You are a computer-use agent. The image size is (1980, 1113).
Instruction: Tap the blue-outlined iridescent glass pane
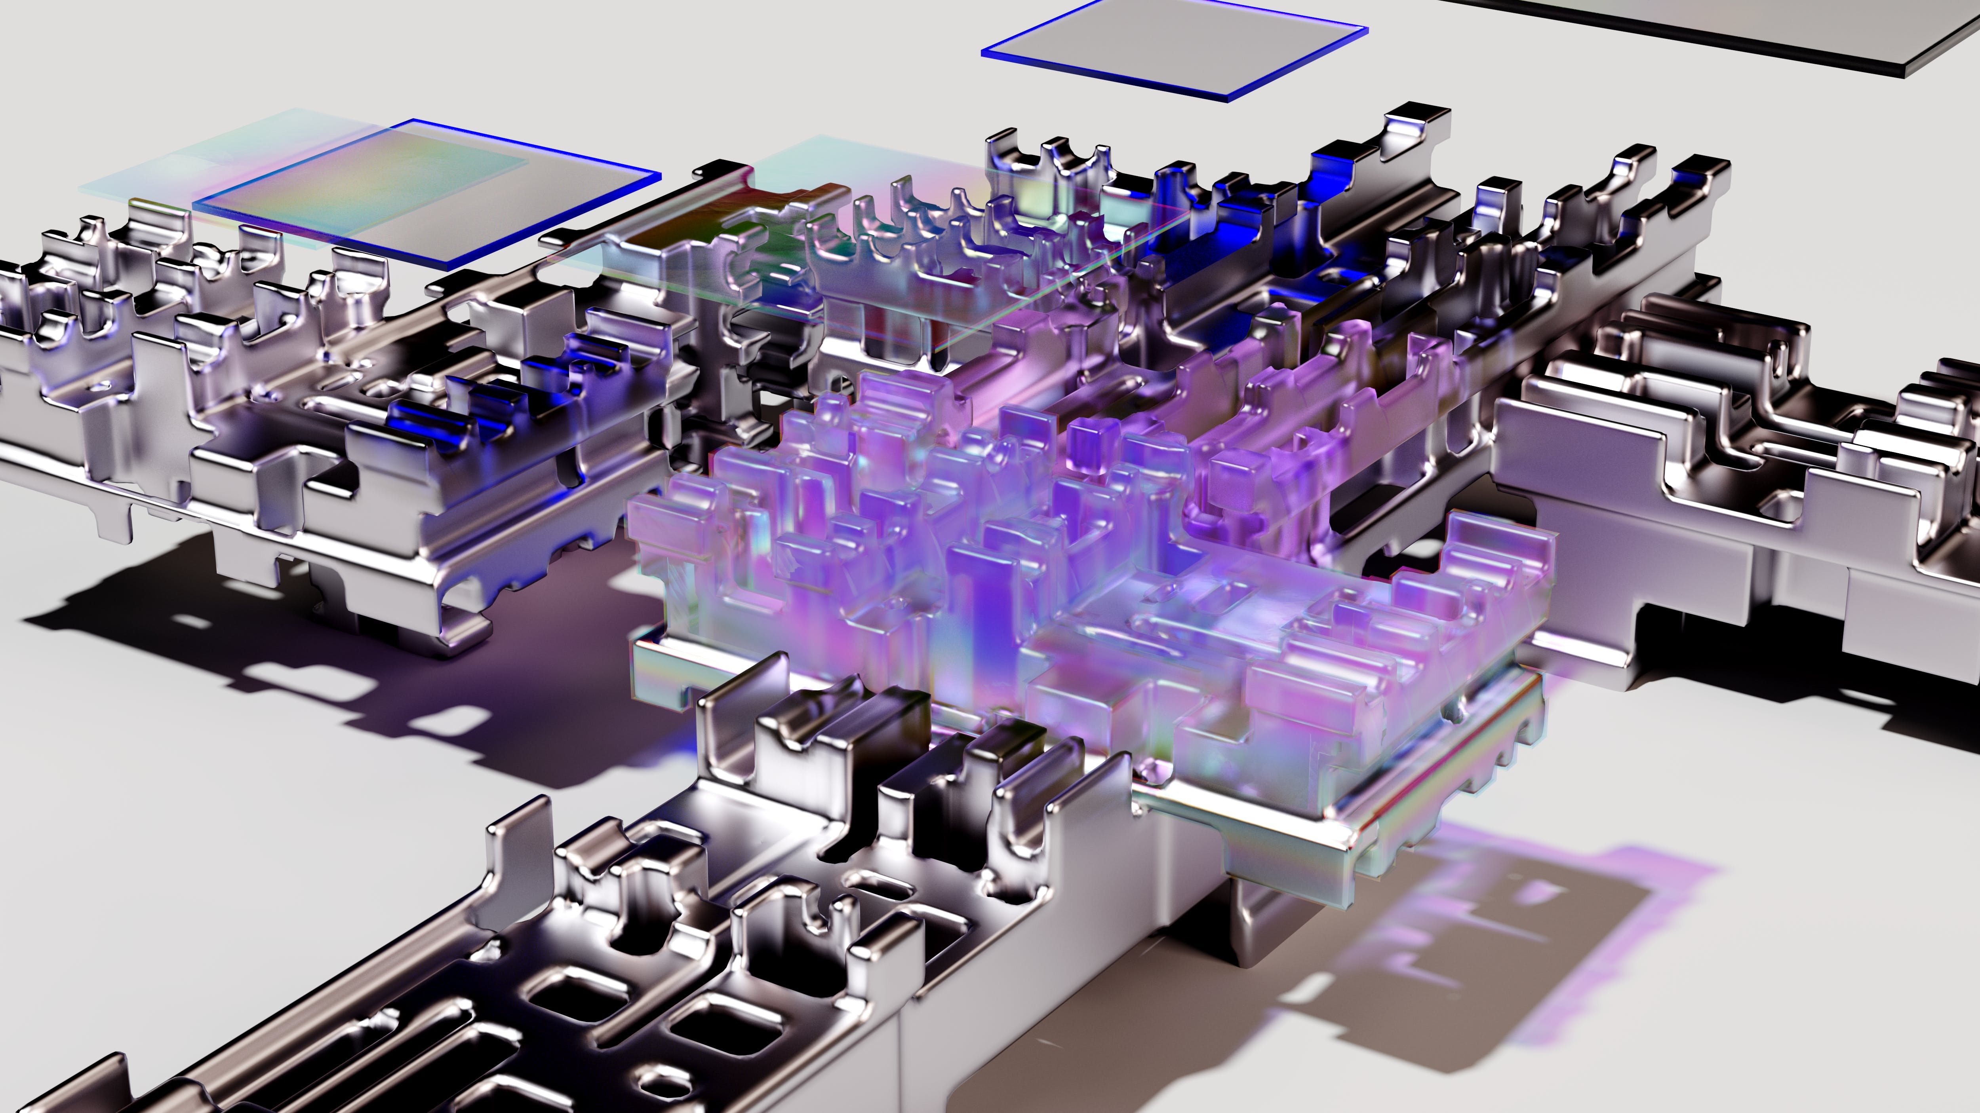point(430,192)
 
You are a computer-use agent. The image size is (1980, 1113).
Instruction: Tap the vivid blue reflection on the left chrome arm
point(430,415)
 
